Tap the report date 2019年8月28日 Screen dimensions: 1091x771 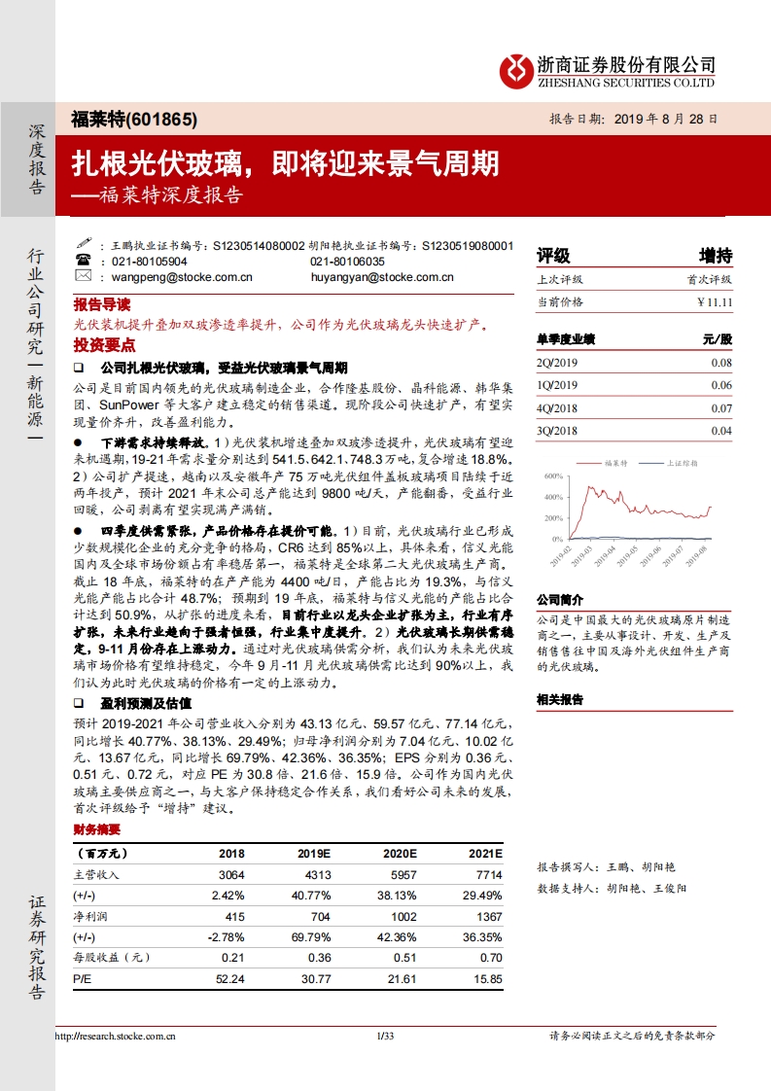coord(635,120)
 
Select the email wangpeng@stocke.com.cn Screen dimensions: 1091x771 coord(170,277)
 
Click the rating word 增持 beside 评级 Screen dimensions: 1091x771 coord(715,256)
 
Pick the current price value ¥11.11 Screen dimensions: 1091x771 coord(714,302)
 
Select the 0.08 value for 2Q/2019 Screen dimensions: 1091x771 coord(720,363)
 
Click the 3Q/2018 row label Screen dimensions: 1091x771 coord(557,431)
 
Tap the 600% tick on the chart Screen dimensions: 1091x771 coord(553,476)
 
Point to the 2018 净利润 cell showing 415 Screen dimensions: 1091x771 coord(232,916)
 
